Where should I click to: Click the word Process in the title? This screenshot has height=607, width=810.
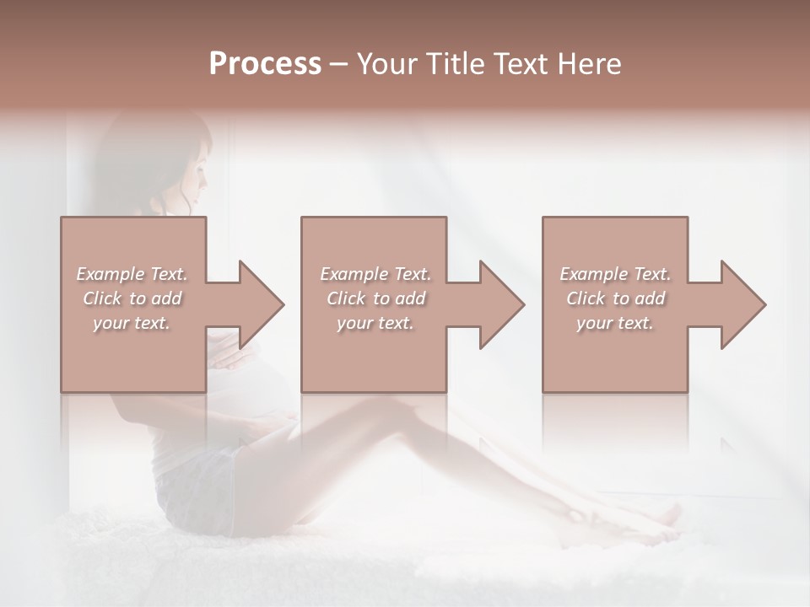point(265,64)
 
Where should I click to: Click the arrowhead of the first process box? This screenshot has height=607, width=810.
point(262,305)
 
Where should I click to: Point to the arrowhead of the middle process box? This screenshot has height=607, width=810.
point(503,305)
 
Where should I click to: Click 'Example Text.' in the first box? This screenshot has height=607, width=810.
point(132,274)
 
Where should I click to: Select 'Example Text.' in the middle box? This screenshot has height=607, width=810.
point(375,274)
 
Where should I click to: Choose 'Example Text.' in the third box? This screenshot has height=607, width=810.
point(615,274)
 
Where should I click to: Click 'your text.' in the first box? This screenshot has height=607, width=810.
point(132,323)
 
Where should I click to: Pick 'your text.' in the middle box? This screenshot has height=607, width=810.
point(375,323)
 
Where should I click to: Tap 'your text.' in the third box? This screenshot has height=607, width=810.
point(615,323)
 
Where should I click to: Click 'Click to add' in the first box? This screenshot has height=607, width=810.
point(132,298)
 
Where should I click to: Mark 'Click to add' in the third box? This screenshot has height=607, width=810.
point(615,298)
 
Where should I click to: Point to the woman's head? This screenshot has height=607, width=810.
point(181,164)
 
